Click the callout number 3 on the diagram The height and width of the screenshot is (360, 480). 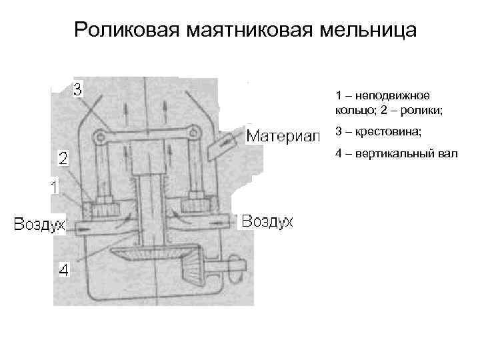point(78,89)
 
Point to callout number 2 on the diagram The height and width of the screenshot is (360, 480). point(63,159)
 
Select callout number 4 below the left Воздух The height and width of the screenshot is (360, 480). point(63,270)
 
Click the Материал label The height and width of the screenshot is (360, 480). point(284,137)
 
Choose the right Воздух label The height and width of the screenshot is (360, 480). point(267,221)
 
